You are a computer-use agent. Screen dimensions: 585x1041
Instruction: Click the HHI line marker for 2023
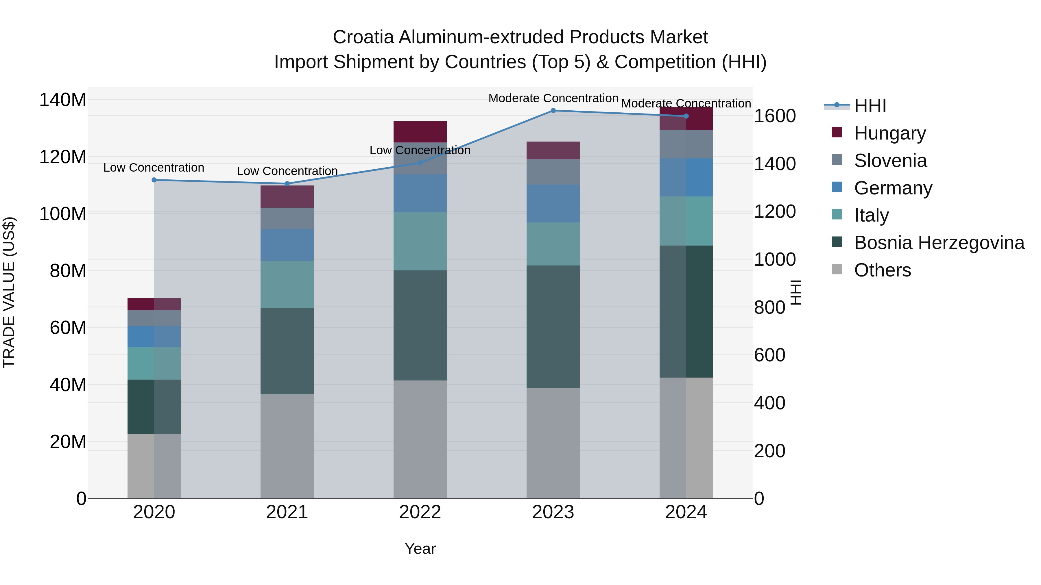pos(553,111)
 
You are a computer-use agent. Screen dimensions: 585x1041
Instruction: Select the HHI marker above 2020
pos(154,180)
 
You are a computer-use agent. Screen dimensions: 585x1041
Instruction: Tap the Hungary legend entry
pos(889,133)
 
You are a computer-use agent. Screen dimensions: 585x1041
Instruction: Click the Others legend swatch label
pos(882,270)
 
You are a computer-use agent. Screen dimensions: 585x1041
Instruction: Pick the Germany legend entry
pos(893,188)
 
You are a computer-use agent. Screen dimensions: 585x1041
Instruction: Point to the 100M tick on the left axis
pos(63,213)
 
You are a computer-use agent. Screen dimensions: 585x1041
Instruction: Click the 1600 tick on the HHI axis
pos(775,116)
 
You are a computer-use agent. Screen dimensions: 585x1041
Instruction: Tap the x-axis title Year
pos(420,549)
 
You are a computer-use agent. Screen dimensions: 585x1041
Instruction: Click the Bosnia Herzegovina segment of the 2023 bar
pos(553,327)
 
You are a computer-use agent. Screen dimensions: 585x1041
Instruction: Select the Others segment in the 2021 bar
pos(287,446)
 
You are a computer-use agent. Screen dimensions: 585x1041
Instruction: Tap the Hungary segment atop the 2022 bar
pos(420,132)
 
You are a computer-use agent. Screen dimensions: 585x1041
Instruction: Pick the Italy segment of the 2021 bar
pos(287,284)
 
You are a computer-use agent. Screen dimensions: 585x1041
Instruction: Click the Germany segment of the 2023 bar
pos(553,203)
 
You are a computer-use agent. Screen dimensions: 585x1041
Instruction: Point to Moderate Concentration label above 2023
pos(553,99)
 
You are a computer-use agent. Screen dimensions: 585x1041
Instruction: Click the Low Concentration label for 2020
pos(154,168)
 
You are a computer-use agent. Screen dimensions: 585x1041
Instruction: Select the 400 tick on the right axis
pos(769,403)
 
